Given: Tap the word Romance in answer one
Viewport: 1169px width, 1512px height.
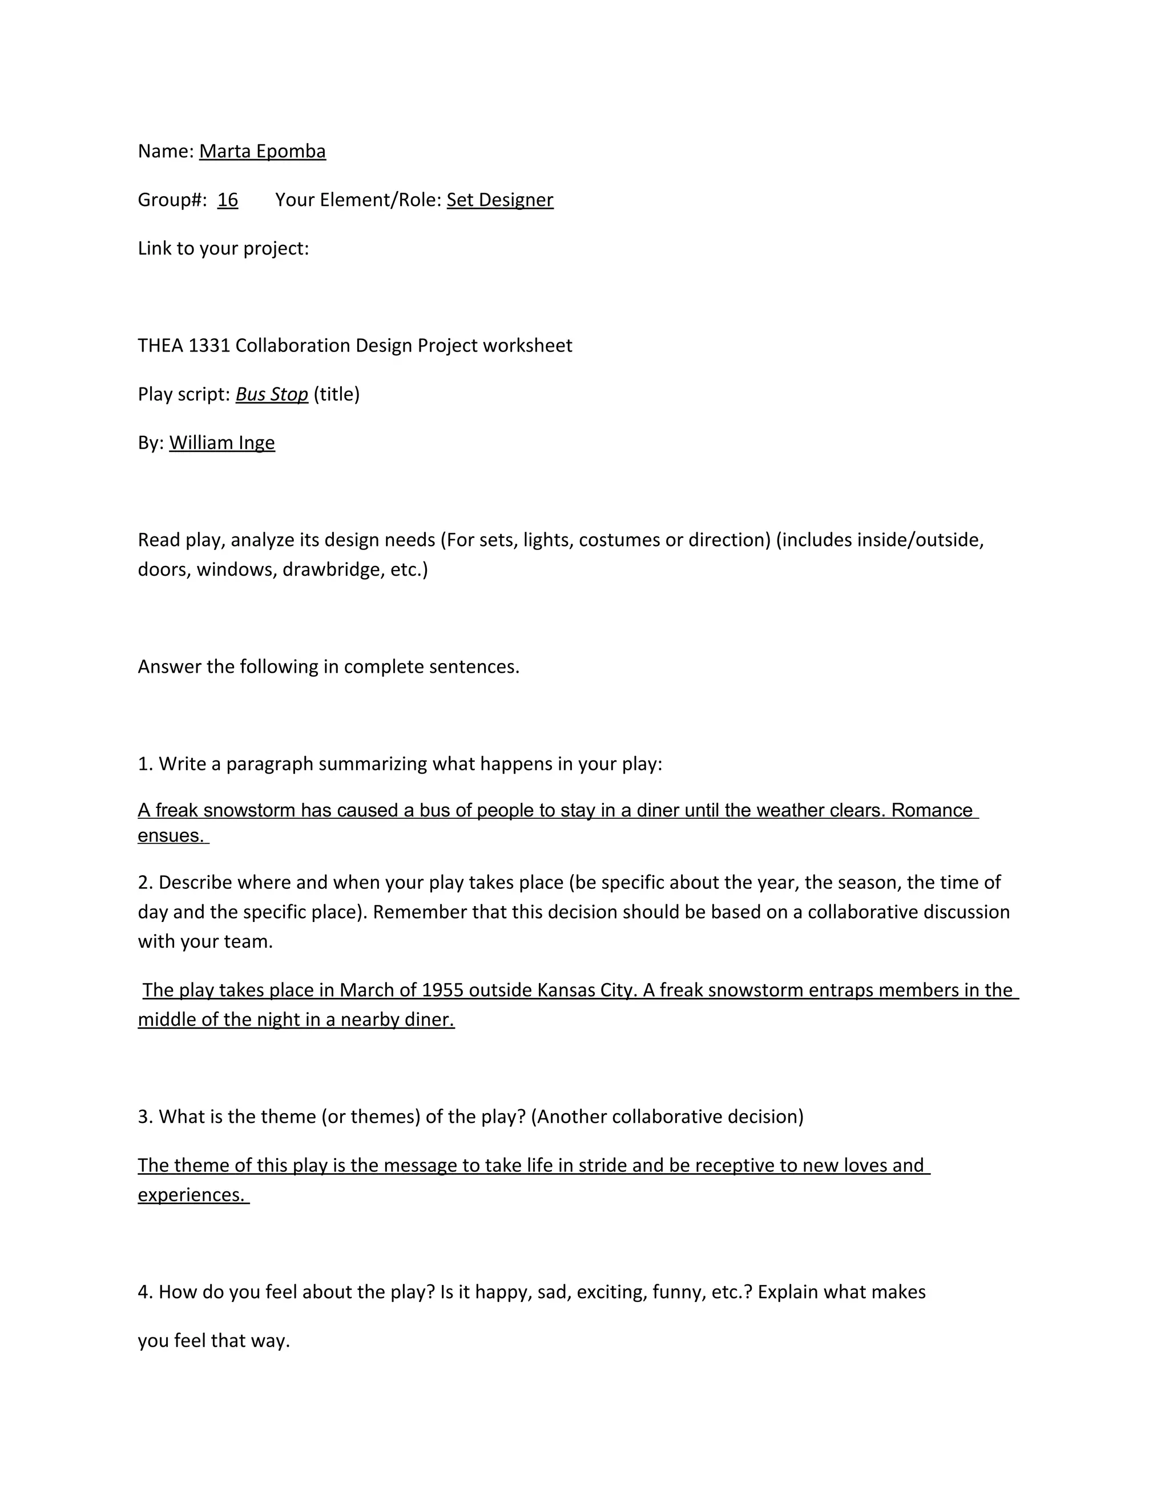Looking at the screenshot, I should pyautogui.click(x=932, y=810).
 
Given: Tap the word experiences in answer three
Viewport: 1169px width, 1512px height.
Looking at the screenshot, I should pyautogui.click(x=191, y=1195).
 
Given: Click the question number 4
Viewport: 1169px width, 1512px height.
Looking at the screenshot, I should pyautogui.click(x=145, y=1292).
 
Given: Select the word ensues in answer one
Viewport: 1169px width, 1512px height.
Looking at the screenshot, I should pyautogui.click(x=170, y=836).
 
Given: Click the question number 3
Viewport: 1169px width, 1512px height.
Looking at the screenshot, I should pyautogui.click(x=145, y=1117).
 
